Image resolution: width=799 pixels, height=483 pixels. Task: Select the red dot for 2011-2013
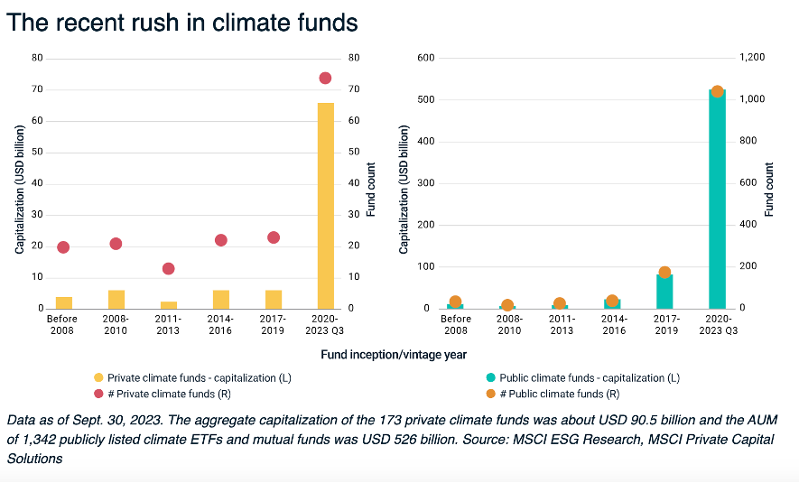[168, 268]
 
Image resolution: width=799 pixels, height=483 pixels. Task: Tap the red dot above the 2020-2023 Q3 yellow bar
[325, 78]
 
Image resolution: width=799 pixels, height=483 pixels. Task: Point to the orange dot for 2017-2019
[664, 272]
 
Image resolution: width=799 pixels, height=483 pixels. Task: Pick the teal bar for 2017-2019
[664, 292]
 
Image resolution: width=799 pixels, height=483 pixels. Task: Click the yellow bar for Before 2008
[63, 302]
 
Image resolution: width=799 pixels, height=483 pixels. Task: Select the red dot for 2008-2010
[116, 244]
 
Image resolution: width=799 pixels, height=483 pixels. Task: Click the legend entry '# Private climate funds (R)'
[163, 394]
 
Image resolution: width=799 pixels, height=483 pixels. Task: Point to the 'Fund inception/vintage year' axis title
[393, 355]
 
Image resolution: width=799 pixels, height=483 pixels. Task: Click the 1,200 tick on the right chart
[753, 58]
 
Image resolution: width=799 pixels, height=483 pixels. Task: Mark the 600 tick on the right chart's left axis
[426, 58]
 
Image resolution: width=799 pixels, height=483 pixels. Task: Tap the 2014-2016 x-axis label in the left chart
[220, 324]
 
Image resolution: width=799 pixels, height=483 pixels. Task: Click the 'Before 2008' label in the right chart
[456, 324]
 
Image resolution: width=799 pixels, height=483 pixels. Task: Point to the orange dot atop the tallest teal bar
[717, 91]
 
